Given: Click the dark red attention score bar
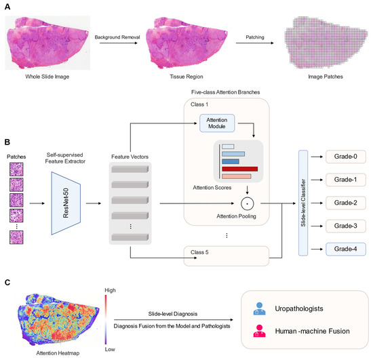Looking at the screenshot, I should pyautogui.click(x=235, y=169).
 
